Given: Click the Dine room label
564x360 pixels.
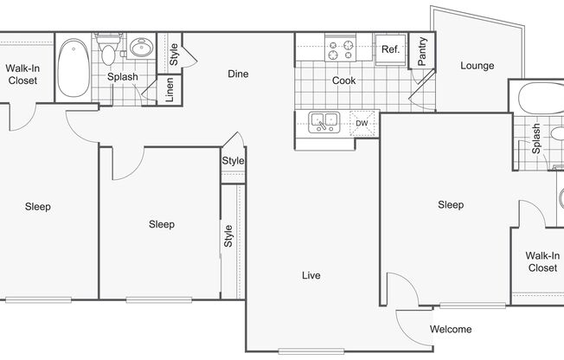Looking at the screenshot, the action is click(238, 74).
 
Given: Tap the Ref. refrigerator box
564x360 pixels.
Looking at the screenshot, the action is click(391, 49).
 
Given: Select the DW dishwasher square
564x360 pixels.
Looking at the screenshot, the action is click(362, 124).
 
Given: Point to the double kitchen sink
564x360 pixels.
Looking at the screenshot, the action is click(324, 122).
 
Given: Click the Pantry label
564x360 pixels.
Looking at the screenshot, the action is click(422, 51).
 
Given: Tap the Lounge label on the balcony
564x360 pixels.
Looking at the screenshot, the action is click(477, 66).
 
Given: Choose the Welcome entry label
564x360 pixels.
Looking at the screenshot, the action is click(451, 329).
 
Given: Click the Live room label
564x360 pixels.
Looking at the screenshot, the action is click(311, 275).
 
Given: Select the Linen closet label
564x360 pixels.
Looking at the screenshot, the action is click(170, 90).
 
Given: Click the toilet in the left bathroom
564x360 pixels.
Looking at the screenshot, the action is click(108, 49).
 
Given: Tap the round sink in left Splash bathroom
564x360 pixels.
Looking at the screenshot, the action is click(141, 47).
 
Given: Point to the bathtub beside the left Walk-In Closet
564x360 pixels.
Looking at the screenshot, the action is click(74, 67).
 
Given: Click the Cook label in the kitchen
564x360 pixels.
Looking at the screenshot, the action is click(344, 80).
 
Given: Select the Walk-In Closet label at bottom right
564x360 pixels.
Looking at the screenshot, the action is click(542, 261).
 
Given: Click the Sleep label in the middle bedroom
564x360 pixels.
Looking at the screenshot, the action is click(162, 224).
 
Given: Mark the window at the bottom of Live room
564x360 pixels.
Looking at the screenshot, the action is click(311, 351).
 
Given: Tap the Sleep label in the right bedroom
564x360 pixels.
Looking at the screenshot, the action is click(451, 205).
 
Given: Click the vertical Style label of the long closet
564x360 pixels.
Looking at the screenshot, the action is click(228, 236).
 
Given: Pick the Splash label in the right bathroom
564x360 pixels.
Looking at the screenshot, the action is click(536, 138).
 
